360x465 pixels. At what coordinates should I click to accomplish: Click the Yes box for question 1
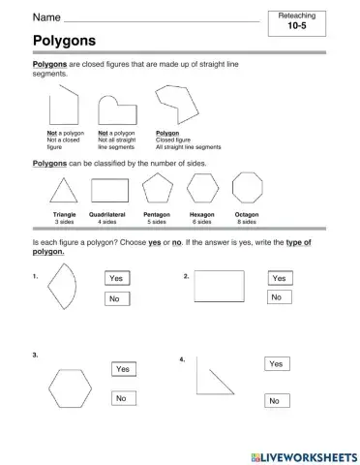coord(117,278)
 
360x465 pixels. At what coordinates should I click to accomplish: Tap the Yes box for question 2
coord(280,278)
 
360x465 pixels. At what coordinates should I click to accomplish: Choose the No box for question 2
coord(278,297)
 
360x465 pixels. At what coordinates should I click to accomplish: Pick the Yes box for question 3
coord(123,369)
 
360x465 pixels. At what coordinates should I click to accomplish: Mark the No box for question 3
coord(122,398)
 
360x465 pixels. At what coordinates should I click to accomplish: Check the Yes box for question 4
coord(276,363)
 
